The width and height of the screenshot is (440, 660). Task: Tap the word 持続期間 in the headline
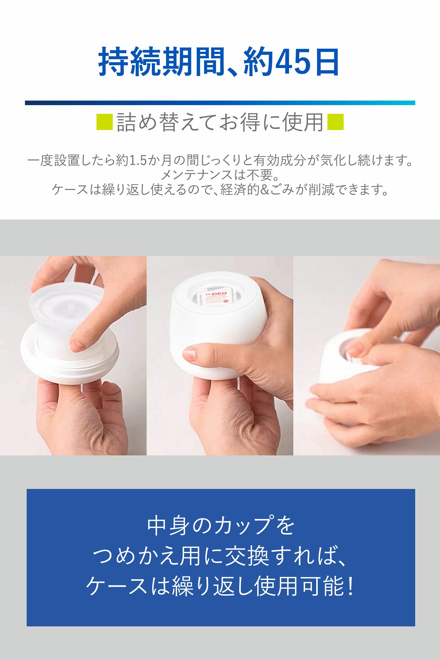click(x=161, y=62)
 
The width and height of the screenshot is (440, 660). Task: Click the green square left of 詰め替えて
click(x=104, y=122)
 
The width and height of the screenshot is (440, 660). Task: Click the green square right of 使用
click(x=335, y=122)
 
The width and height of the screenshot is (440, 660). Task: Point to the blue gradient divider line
click(x=220, y=103)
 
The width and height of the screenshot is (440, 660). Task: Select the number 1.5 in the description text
click(x=138, y=160)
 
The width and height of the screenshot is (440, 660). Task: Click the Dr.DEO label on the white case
click(x=216, y=294)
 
